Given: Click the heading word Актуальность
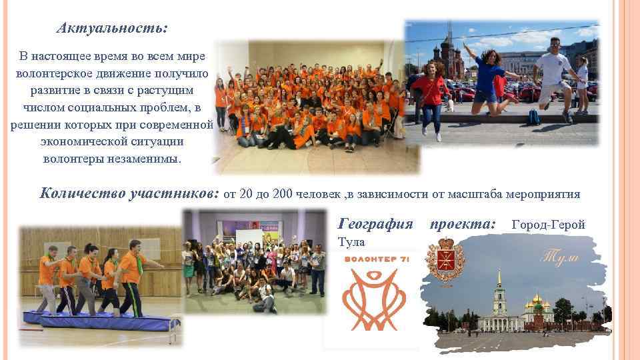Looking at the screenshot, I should (x=112, y=28).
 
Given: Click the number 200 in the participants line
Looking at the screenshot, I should (x=283, y=194).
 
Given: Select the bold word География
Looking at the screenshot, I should (x=376, y=224).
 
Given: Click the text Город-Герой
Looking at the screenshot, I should (x=548, y=225).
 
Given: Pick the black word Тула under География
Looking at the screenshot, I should (x=351, y=241).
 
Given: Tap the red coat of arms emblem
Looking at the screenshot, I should (x=441, y=261).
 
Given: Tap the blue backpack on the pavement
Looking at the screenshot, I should (x=533, y=117).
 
